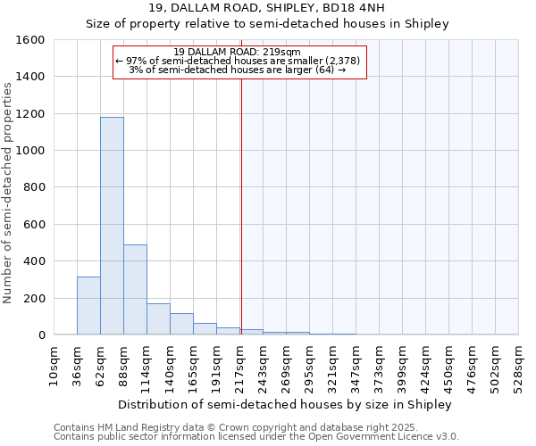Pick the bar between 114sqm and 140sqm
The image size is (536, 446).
158,318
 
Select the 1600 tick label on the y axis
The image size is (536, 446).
31,40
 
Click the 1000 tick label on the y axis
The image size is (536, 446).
31,151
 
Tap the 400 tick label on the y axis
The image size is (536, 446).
35,261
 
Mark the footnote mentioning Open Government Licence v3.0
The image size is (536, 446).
256,436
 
